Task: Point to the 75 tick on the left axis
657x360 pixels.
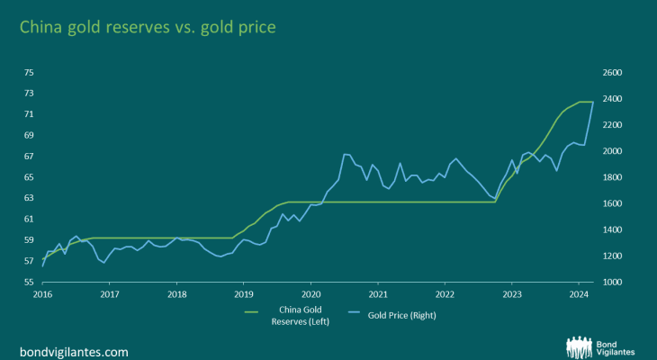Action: pos(29,72)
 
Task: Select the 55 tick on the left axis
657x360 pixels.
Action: pos(29,283)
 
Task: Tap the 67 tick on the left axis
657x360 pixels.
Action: pos(29,157)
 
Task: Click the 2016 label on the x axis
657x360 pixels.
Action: pos(42,294)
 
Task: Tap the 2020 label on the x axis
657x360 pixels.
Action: pos(310,294)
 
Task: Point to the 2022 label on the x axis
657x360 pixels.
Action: pos(445,294)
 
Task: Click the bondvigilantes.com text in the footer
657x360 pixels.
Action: pos(74,351)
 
